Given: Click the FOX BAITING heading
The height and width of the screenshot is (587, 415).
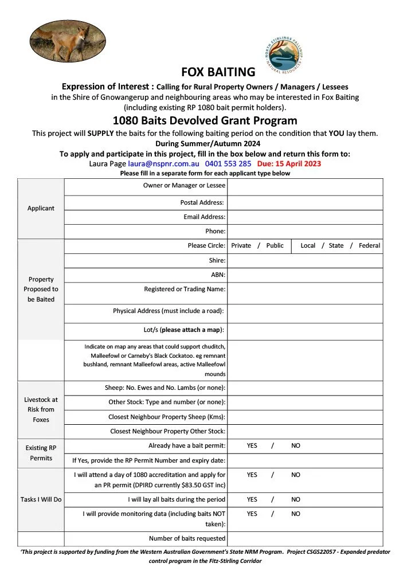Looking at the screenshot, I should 218,72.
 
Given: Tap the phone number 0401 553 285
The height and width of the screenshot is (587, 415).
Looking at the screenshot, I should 228,163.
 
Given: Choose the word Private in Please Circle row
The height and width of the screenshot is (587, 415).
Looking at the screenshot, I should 241,245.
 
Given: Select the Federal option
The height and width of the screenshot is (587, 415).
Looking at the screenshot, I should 369,245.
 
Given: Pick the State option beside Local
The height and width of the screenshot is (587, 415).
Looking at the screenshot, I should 336,245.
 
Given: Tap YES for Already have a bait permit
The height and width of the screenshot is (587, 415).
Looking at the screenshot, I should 252,445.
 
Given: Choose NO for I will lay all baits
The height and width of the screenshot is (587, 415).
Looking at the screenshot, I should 296,499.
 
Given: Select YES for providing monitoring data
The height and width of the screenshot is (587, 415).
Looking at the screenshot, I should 252,514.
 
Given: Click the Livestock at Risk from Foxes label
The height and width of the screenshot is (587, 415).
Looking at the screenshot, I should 40,409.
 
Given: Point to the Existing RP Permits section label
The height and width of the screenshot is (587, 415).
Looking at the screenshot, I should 41,453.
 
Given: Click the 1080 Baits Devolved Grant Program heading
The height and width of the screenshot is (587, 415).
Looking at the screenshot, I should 205,120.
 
